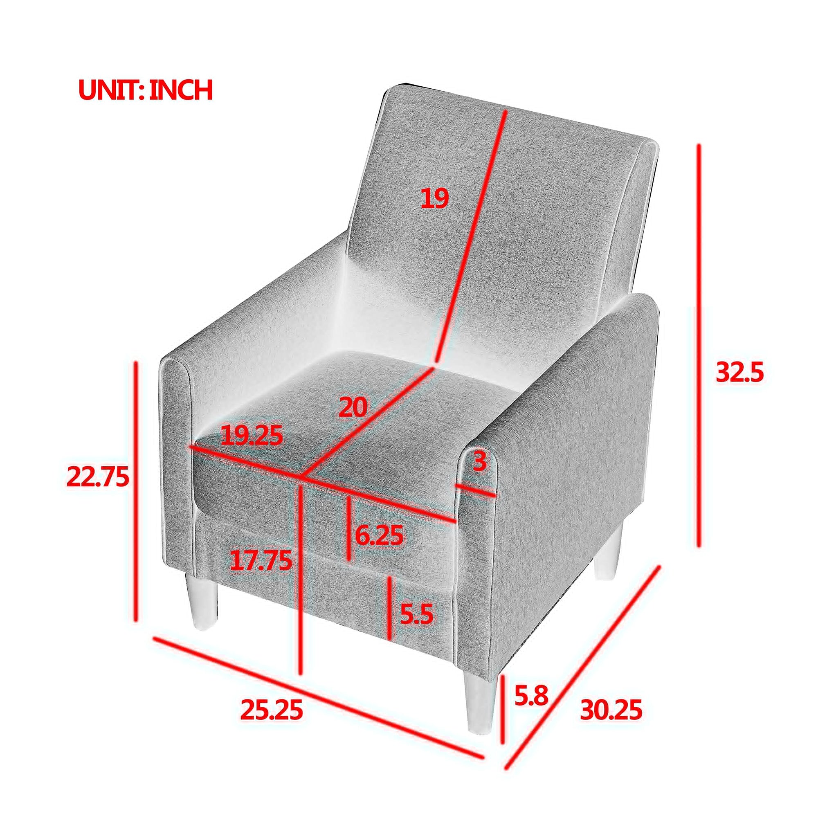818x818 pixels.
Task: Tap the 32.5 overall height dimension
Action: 739,373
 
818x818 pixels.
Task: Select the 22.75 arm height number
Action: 98,477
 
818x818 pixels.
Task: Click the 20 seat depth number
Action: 353,407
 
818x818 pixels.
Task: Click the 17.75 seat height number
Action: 261,561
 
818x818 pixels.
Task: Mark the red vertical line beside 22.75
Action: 136,485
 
